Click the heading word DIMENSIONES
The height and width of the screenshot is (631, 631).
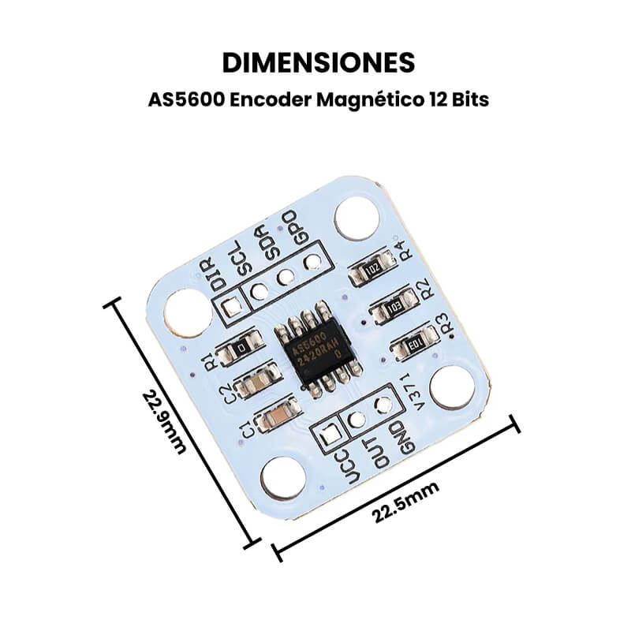coord(315,63)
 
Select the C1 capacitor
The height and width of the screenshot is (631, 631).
coord(276,415)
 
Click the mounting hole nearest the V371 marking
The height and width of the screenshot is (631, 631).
coord(454,387)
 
